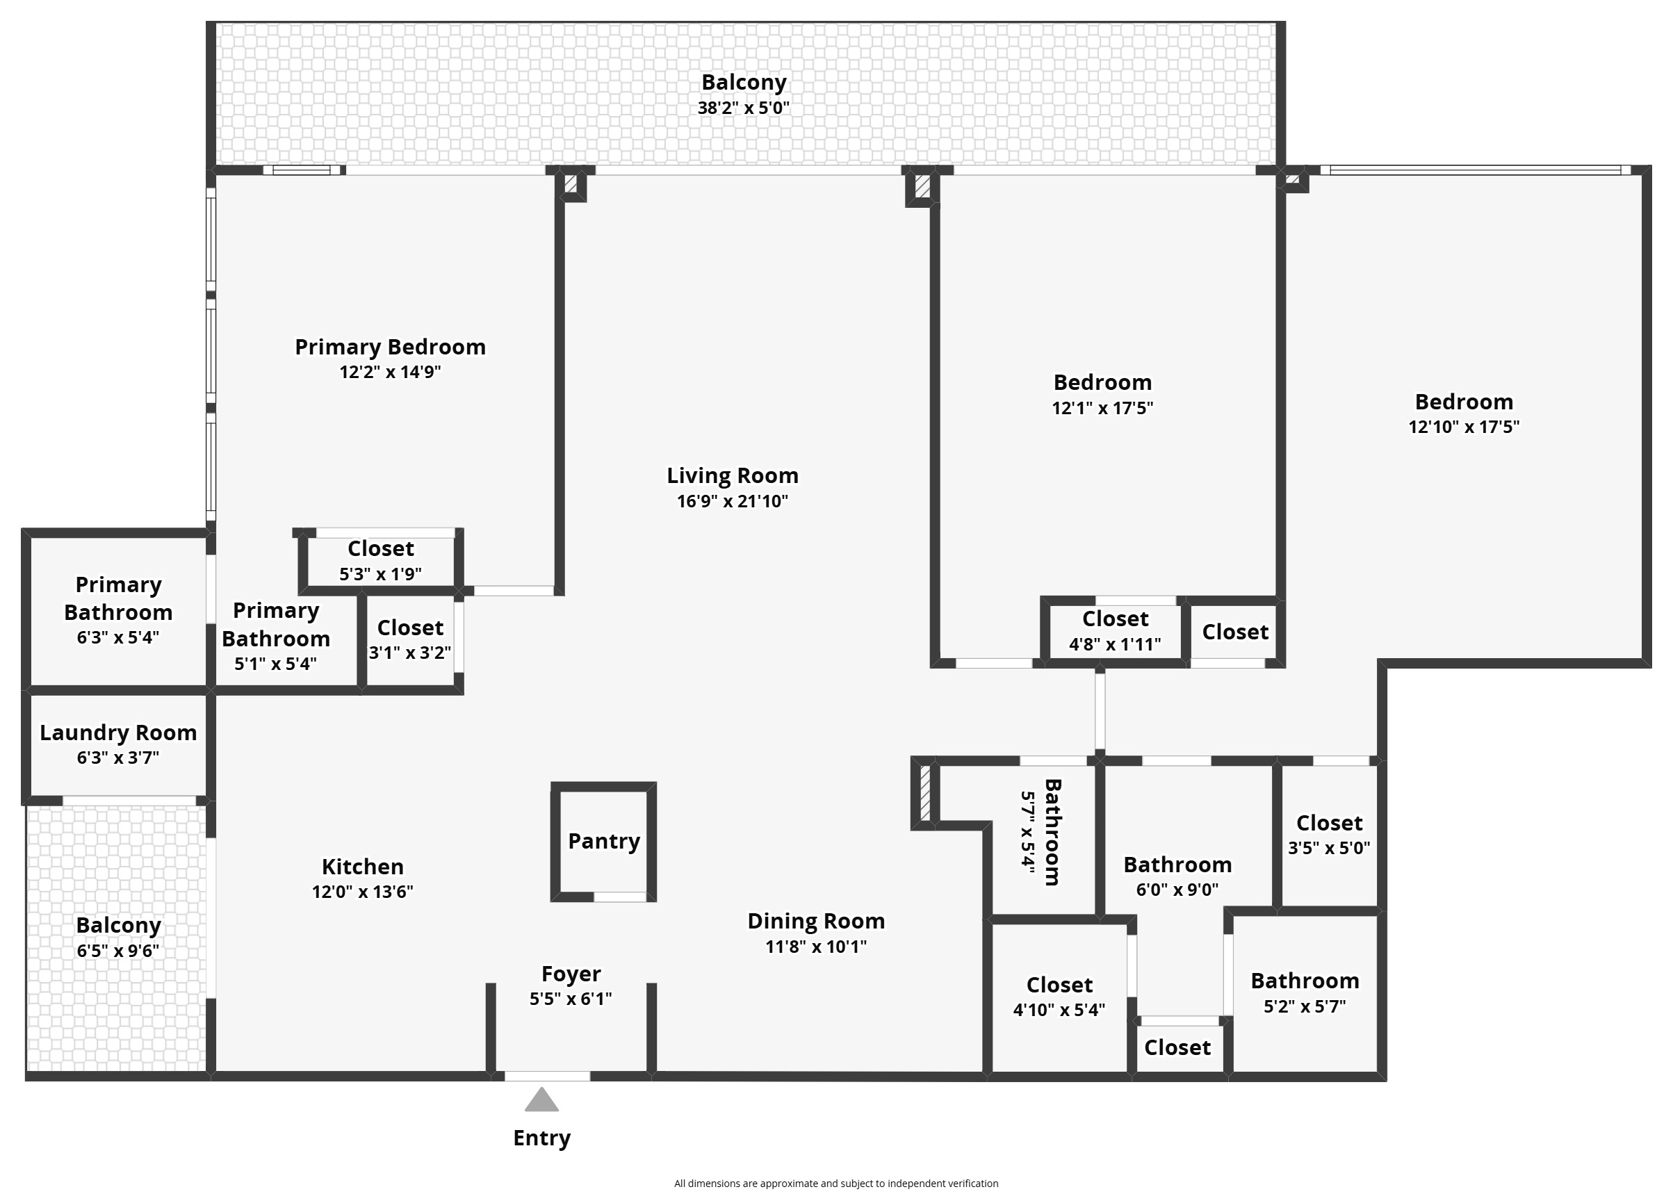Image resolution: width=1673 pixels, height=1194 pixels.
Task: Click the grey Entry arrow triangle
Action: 541,1101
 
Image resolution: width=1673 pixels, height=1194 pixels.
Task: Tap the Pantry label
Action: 603,840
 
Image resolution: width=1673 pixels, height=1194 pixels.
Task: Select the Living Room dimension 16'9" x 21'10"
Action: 732,501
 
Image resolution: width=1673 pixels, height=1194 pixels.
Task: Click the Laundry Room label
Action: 117,733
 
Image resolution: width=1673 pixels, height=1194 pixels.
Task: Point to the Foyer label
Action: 571,974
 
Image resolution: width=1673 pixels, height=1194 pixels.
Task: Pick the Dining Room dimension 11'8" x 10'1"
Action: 816,946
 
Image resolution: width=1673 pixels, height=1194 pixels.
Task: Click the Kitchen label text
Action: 362,866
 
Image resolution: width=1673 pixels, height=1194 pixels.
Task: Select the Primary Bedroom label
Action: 390,346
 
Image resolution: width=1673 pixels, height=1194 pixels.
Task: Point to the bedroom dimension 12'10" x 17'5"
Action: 1464,427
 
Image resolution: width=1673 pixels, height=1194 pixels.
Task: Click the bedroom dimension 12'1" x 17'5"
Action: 1102,408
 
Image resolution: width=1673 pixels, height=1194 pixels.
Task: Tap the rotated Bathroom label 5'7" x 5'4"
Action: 1042,833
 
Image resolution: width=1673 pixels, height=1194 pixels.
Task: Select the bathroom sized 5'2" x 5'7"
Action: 1304,992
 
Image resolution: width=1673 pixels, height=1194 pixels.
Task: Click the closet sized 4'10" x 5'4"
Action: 1059,996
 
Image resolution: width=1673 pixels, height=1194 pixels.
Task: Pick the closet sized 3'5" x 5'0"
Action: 1328,835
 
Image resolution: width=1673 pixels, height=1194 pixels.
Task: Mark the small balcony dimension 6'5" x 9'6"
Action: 117,951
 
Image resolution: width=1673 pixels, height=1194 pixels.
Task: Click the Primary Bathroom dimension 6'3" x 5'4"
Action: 117,637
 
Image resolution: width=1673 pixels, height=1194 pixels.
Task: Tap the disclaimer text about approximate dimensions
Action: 835,1183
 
